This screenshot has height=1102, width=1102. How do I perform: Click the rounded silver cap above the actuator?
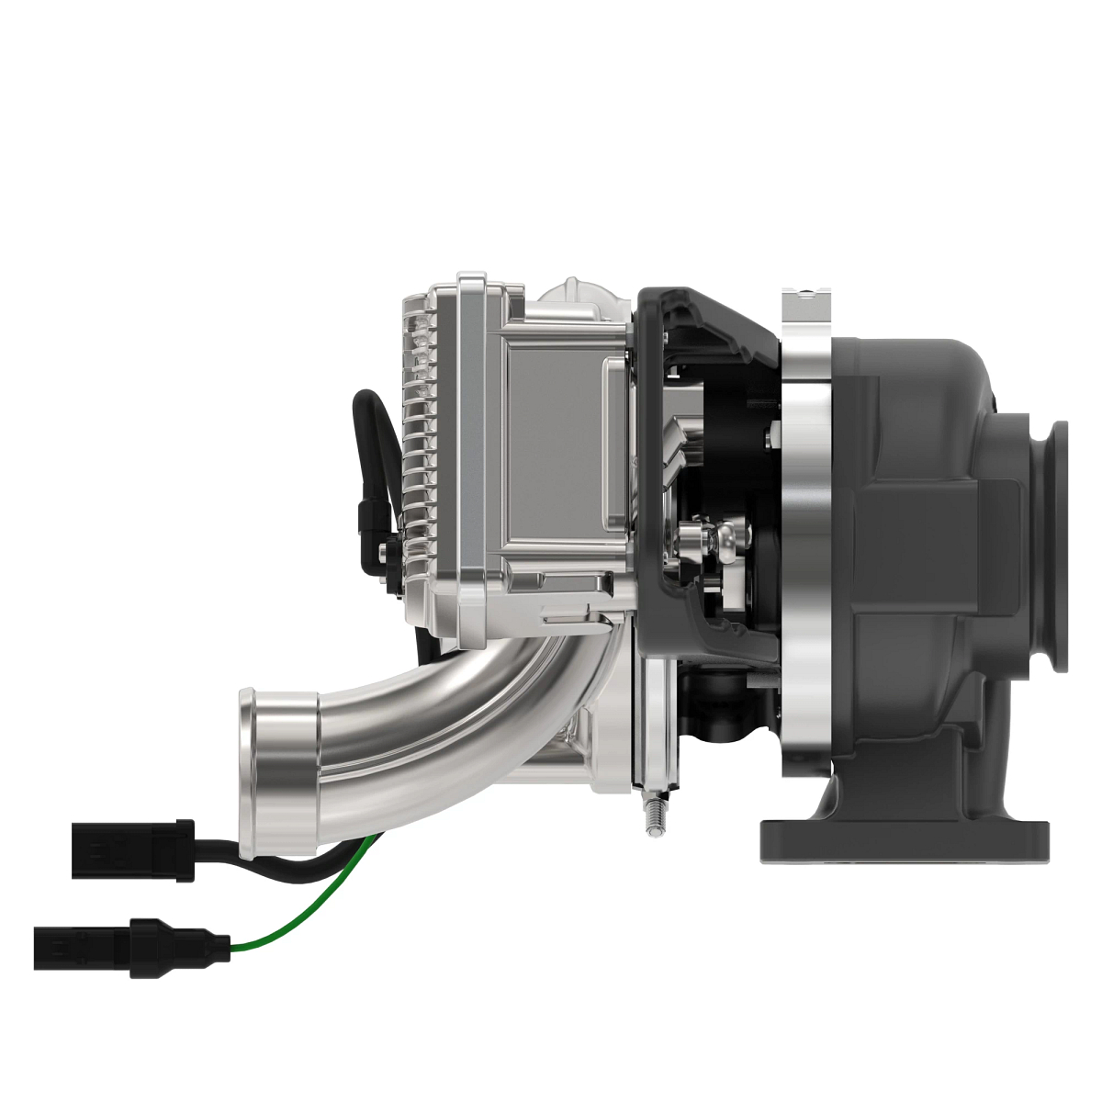pyautogui.click(x=579, y=294)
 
